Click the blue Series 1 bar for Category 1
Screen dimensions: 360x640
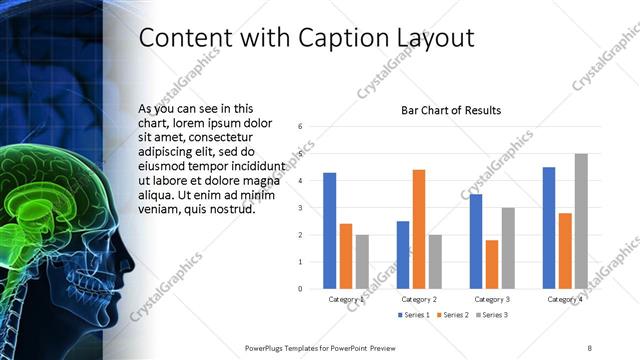pyautogui.click(x=330, y=231)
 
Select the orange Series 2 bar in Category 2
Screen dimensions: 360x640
pyautogui.click(x=418, y=229)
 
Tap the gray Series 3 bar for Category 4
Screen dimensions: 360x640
pyautogui.click(x=580, y=221)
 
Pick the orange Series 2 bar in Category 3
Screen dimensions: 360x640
pyautogui.click(x=491, y=264)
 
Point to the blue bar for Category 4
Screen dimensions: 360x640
pyautogui.click(x=549, y=228)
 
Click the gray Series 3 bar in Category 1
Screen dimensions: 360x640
pyautogui.click(x=362, y=262)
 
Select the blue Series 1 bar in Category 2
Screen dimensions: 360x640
pyautogui.click(x=403, y=255)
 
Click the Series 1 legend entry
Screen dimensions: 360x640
pyautogui.click(x=414, y=315)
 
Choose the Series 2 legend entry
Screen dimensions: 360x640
pyautogui.click(x=453, y=315)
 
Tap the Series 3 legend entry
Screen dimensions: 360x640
pyautogui.click(x=492, y=315)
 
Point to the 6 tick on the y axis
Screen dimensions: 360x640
pyautogui.click(x=300, y=127)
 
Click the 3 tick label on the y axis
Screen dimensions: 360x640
pyautogui.click(x=300, y=208)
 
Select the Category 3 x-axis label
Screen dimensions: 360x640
pyautogui.click(x=491, y=299)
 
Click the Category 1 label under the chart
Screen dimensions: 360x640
pyautogui.click(x=346, y=299)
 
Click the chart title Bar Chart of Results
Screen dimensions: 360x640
pyautogui.click(x=451, y=110)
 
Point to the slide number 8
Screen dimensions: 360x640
pyautogui.click(x=589, y=347)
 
